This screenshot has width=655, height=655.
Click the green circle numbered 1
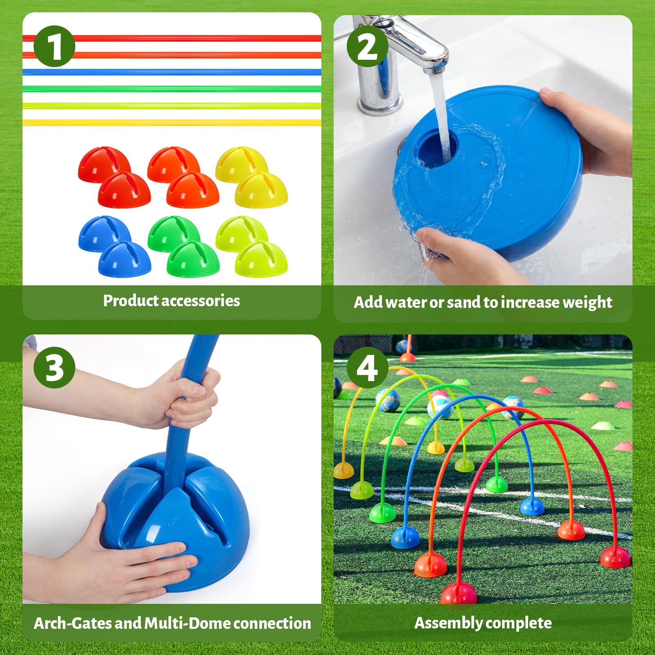pos(54,46)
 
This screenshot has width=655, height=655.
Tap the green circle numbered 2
pos(367,46)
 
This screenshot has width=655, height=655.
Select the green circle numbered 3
pos(54,367)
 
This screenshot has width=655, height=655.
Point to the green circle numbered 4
pos(367,367)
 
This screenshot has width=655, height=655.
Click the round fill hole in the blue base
pos(434,148)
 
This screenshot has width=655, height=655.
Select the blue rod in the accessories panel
pos(172,72)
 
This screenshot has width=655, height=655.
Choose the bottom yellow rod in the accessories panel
pos(172,122)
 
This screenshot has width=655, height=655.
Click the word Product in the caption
pos(131,301)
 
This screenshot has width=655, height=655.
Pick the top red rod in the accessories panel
pos(172,38)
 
